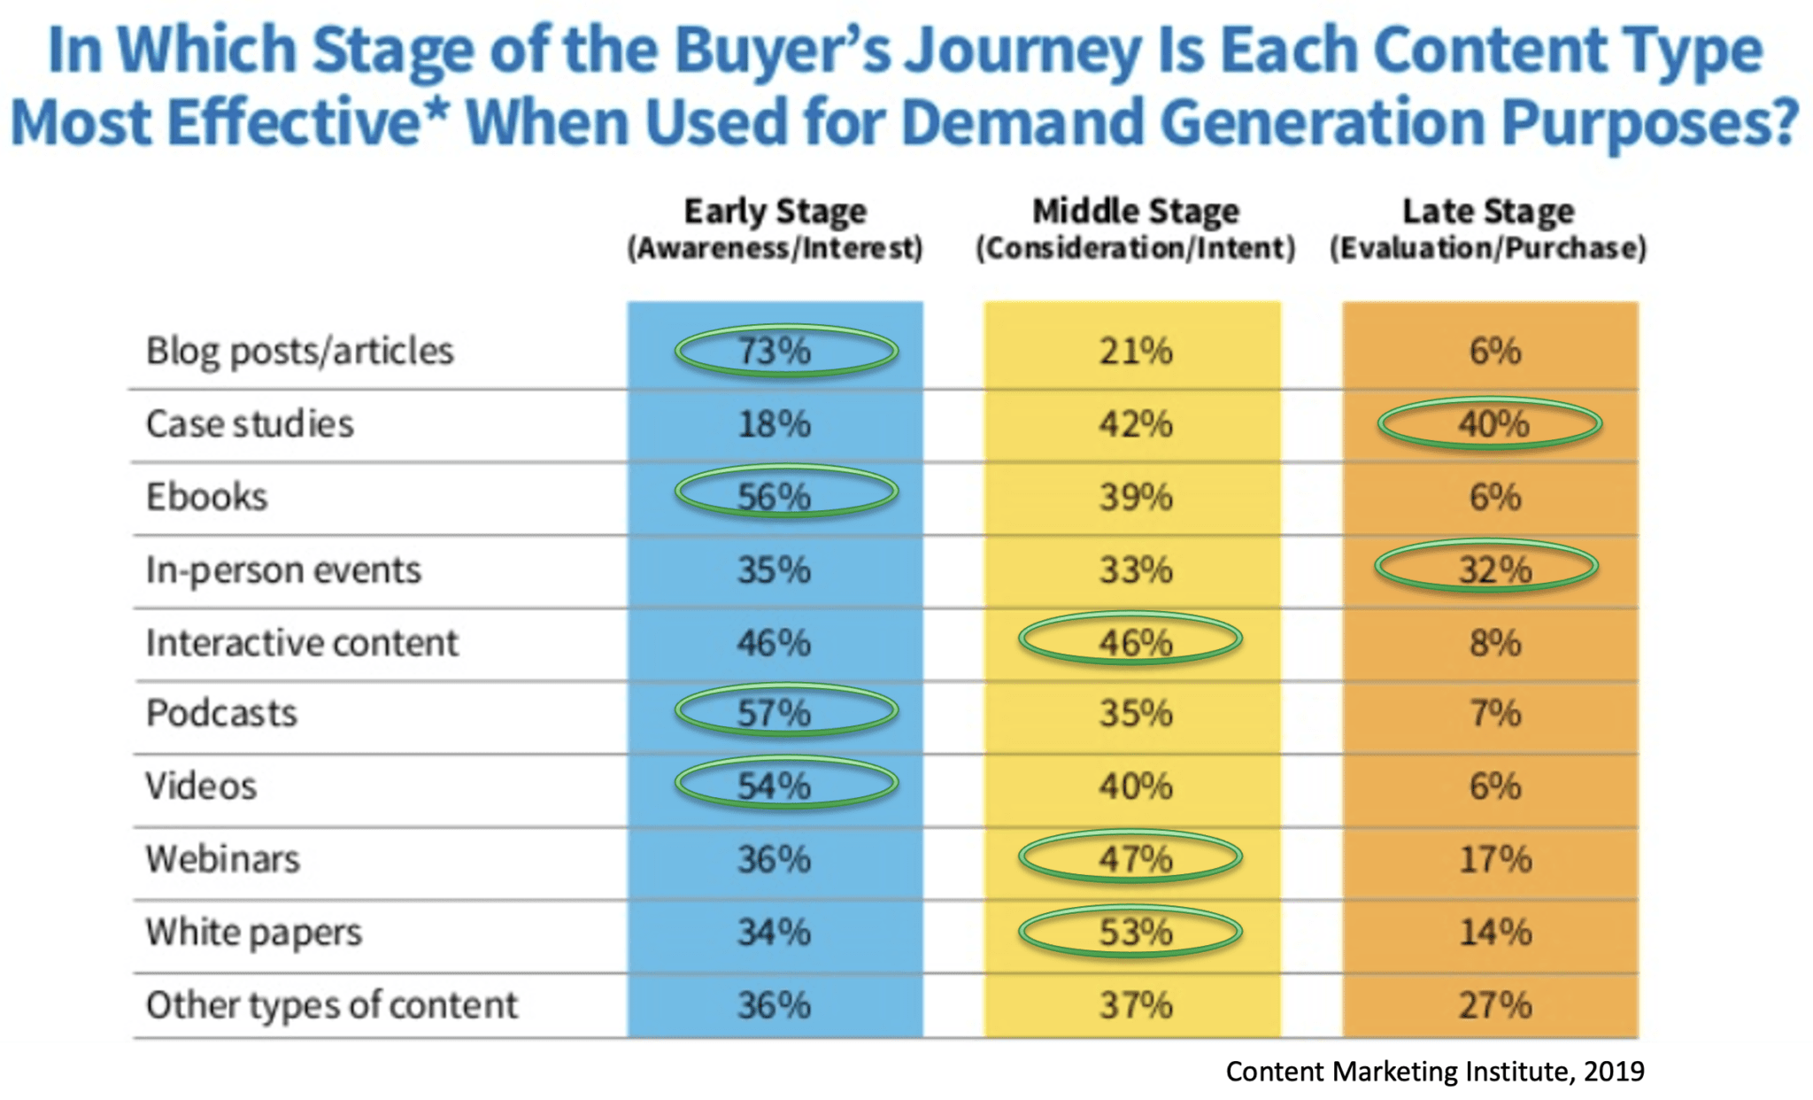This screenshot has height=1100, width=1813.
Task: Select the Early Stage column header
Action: coord(775,228)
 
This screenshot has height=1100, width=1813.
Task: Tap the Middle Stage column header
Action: coord(1135,228)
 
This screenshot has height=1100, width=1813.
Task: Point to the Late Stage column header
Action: coord(1488,228)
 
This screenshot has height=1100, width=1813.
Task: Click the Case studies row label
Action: coord(250,424)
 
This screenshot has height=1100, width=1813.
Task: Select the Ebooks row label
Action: coord(206,497)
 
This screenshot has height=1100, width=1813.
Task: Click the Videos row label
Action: coord(201,786)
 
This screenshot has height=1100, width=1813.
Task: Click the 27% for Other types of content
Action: coord(1494,1005)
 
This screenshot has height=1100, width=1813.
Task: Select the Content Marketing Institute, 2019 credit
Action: coord(1434,1072)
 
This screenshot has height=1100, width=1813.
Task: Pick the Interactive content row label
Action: coord(302,643)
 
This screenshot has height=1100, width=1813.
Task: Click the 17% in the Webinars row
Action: coord(1494,859)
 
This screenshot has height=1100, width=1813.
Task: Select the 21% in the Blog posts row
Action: coord(1135,352)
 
